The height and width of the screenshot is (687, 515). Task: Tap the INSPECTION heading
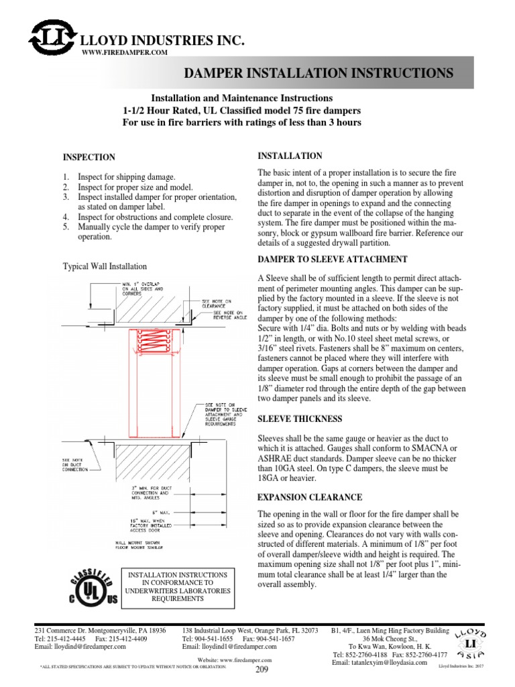(x=89, y=157)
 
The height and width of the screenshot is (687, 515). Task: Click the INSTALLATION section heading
(x=281, y=156)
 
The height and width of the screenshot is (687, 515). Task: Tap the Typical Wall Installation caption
(x=105, y=266)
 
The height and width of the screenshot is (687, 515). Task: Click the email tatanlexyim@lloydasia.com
(x=380, y=663)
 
